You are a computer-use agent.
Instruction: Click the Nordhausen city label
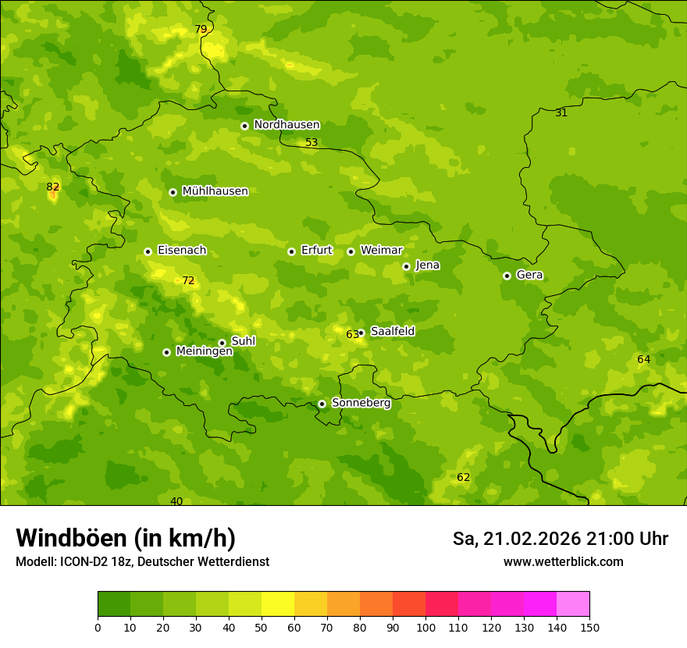coord(287,125)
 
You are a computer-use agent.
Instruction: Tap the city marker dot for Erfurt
coord(291,251)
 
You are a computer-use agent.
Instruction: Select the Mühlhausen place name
coord(215,191)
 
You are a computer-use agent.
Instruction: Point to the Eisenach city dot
coord(148,251)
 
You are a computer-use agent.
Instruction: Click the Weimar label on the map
coord(381,251)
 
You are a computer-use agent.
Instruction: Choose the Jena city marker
coord(406,266)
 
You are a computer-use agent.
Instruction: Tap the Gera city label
coord(529,275)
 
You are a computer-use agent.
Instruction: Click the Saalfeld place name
coord(393,332)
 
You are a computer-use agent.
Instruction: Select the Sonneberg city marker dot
coord(322,404)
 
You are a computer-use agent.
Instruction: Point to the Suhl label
coord(244,341)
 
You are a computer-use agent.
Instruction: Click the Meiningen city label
coord(205,351)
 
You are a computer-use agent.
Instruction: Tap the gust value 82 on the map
coord(53,187)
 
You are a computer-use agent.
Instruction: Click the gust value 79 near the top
coord(201,30)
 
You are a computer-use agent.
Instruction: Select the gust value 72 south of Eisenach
coord(188,280)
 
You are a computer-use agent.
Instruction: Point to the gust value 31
coord(561,113)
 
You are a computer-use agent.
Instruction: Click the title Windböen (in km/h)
coord(126,538)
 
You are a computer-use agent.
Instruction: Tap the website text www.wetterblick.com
coord(563,562)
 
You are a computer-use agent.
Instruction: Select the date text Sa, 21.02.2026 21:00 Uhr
coord(560,539)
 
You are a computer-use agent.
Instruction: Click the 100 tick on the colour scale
coord(425,627)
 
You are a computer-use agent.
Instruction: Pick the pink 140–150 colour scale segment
coord(573,604)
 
